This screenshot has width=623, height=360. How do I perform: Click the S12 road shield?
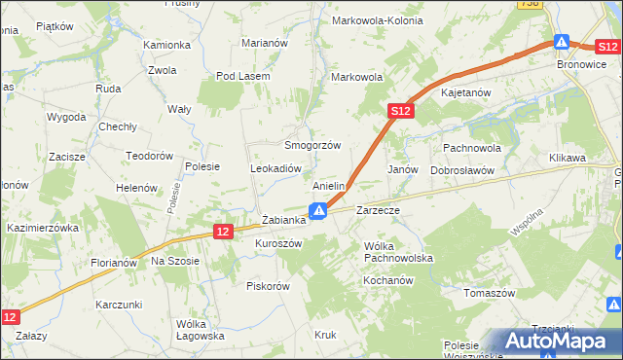[403, 112]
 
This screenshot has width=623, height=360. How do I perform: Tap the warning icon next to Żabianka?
[318, 210]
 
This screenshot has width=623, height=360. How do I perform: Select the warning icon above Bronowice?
[562, 43]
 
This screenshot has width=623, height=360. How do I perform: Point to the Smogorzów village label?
[311, 145]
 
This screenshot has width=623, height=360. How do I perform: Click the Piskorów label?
[269, 286]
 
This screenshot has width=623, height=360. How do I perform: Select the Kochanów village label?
[388, 280]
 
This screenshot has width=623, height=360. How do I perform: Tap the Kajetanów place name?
[470, 92]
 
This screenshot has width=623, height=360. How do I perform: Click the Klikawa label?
[567, 158]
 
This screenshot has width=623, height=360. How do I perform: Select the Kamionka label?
[166, 45]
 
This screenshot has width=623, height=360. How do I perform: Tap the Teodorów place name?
[149, 156]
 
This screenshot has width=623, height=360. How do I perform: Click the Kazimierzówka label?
[42, 227]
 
